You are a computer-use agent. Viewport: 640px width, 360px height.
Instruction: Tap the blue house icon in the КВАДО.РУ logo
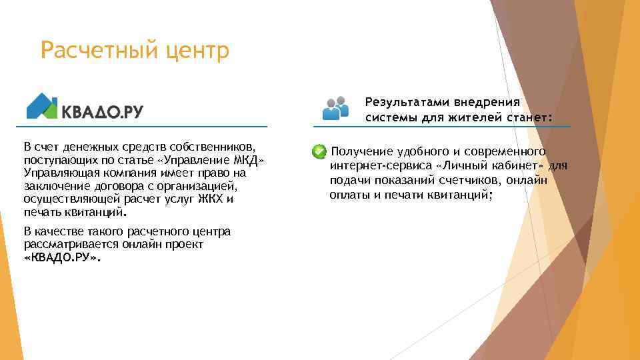(42, 105)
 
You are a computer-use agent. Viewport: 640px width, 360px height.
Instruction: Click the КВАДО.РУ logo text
(101, 110)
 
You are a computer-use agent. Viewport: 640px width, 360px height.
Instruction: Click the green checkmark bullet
(319, 153)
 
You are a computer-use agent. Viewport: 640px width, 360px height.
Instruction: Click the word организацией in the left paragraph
(193, 186)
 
